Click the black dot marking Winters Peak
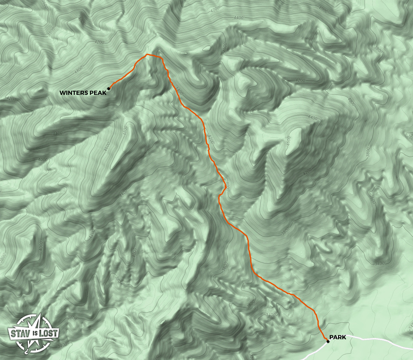tap(108, 89)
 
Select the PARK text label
tap(338, 337)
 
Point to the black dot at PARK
tap(328, 341)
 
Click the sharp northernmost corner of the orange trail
tap(147, 55)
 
